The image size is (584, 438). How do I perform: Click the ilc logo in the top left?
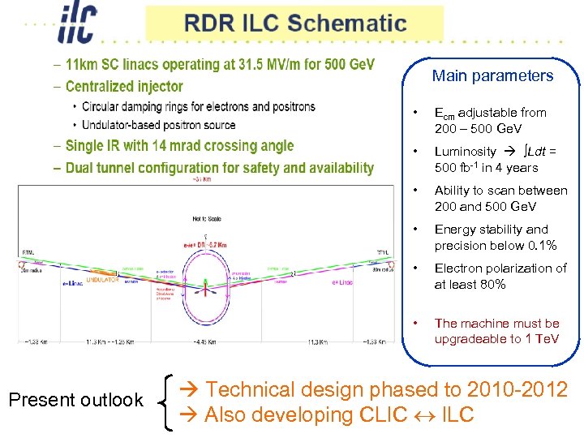pyautogui.click(x=79, y=23)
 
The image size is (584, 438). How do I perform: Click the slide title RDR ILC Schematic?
pyautogui.click(x=294, y=23)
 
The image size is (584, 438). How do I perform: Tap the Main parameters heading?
pyautogui.click(x=492, y=76)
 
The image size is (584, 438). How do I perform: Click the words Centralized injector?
pyautogui.click(x=124, y=86)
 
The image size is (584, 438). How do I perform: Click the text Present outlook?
pyautogui.click(x=75, y=400)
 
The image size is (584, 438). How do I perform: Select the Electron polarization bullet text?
pyautogui.click(x=500, y=276)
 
